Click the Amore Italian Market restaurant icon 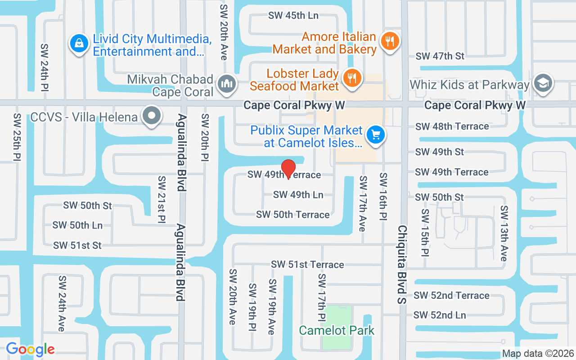389,41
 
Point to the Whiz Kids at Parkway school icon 543,84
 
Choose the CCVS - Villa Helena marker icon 152,117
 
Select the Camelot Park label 337,330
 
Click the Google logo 30,349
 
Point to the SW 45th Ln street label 293,15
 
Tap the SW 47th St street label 440,56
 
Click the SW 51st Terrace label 307,265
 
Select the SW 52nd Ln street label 440,315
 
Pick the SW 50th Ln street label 77,225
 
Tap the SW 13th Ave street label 504,233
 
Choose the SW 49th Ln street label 298,194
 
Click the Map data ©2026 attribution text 538,353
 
